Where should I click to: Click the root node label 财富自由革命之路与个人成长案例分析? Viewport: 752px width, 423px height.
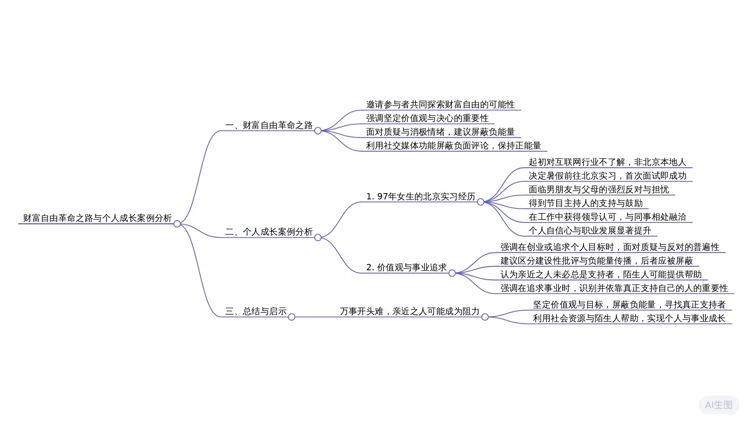pos(97,218)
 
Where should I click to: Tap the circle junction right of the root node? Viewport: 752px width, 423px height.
pos(177,224)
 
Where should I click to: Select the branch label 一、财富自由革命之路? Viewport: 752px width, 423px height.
pos(269,125)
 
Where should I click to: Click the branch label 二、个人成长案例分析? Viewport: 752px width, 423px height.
pos(269,232)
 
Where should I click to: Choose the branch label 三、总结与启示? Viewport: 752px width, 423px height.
pos(256,311)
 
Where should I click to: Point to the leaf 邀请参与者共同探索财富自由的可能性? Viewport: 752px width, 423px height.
pos(440,105)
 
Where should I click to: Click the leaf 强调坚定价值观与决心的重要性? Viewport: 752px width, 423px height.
pos(427,118)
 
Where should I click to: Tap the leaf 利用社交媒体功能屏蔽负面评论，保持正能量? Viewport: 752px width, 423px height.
pos(453,146)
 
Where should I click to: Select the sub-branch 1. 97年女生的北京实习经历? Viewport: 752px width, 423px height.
pos(421,197)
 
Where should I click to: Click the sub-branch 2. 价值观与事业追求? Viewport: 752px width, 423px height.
pos(406,268)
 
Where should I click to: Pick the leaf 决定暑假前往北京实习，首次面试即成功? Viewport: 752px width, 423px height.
pos(607,176)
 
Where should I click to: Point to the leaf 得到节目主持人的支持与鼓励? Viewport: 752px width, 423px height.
pos(586,203)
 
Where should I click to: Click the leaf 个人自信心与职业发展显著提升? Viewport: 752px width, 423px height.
pos(589,231)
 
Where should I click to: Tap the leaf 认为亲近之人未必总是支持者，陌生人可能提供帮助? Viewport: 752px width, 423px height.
pos(601,275)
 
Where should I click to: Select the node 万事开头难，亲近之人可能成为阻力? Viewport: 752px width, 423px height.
pos(409,311)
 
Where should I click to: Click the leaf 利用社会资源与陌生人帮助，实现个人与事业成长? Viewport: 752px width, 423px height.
pos(629,318)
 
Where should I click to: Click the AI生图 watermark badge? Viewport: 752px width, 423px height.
pos(718,405)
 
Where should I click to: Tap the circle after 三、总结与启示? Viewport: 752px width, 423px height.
pos(291,317)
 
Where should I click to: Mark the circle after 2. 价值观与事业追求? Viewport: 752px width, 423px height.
pos(452,273)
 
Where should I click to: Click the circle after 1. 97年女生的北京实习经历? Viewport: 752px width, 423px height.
pos(481,202)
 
